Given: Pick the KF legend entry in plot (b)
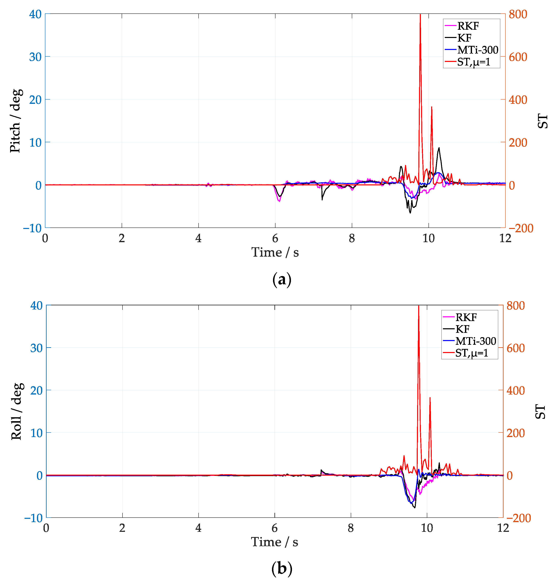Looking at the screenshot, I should tap(462, 329).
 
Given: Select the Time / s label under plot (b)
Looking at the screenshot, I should tap(274, 542).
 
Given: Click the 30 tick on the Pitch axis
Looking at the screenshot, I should tap(35, 57).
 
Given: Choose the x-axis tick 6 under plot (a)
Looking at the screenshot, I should tap(275, 238).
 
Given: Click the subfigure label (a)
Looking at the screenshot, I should tap(282, 279).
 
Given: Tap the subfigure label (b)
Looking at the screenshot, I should tap(282, 569).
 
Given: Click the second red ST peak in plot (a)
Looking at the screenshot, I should tap(431, 107).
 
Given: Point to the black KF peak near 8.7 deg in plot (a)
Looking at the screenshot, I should tap(439, 148).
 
